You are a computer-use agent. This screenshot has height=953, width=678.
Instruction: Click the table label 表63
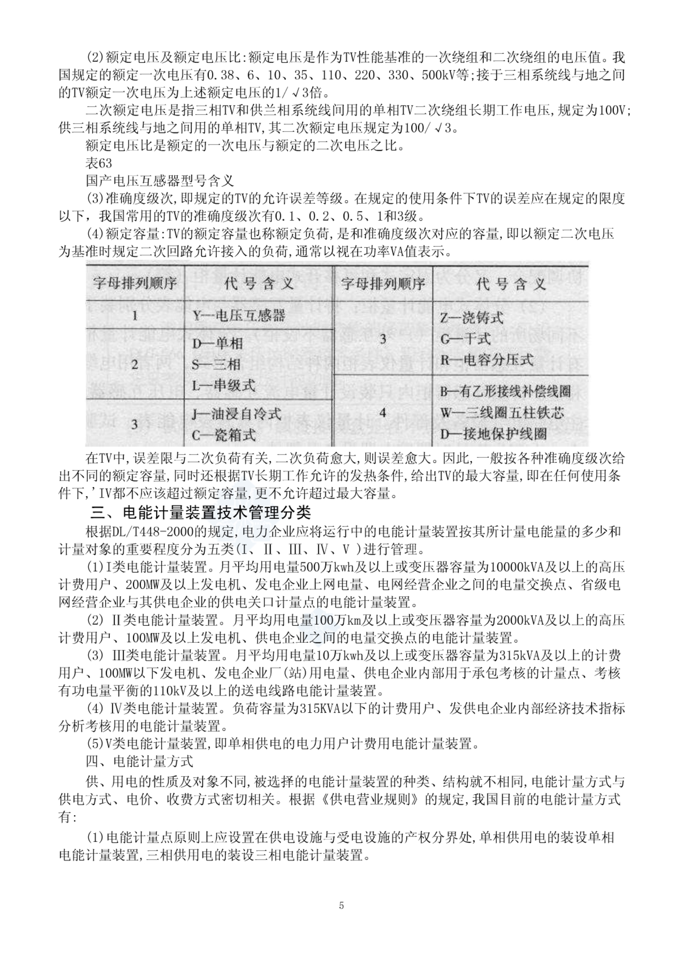coord(99,163)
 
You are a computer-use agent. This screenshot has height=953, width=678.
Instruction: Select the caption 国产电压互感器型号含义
coord(160,181)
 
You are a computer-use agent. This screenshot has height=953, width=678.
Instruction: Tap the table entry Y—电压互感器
coord(239,316)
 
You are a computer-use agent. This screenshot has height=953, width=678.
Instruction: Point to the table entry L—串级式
coord(224,386)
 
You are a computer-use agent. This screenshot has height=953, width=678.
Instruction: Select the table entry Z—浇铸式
coord(471,317)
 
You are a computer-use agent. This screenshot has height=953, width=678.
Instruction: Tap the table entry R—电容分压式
coord(487,360)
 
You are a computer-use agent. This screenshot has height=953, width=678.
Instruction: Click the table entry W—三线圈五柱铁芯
coord(502,413)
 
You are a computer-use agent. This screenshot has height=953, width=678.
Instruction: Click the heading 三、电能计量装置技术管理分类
coord(201,513)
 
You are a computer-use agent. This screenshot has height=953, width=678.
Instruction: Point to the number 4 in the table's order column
coord(383,412)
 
